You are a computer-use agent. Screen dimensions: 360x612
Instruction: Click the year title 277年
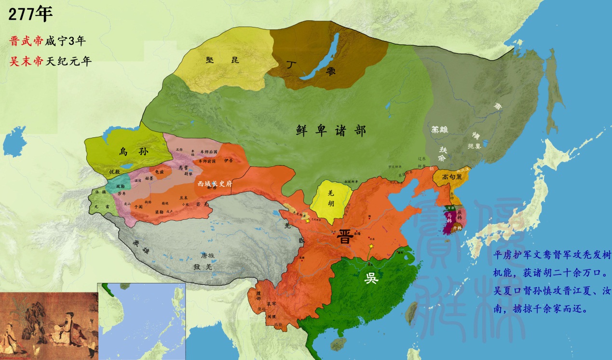pos(30,14)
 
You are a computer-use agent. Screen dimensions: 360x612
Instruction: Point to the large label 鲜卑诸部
pos(331,130)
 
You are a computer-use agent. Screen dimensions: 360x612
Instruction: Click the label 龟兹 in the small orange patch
pos(159,171)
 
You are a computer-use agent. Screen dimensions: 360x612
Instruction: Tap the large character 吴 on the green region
pos(370,279)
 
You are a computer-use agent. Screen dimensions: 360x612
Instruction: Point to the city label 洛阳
pos(357,233)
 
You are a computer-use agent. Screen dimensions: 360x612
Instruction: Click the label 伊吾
pos(228,160)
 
